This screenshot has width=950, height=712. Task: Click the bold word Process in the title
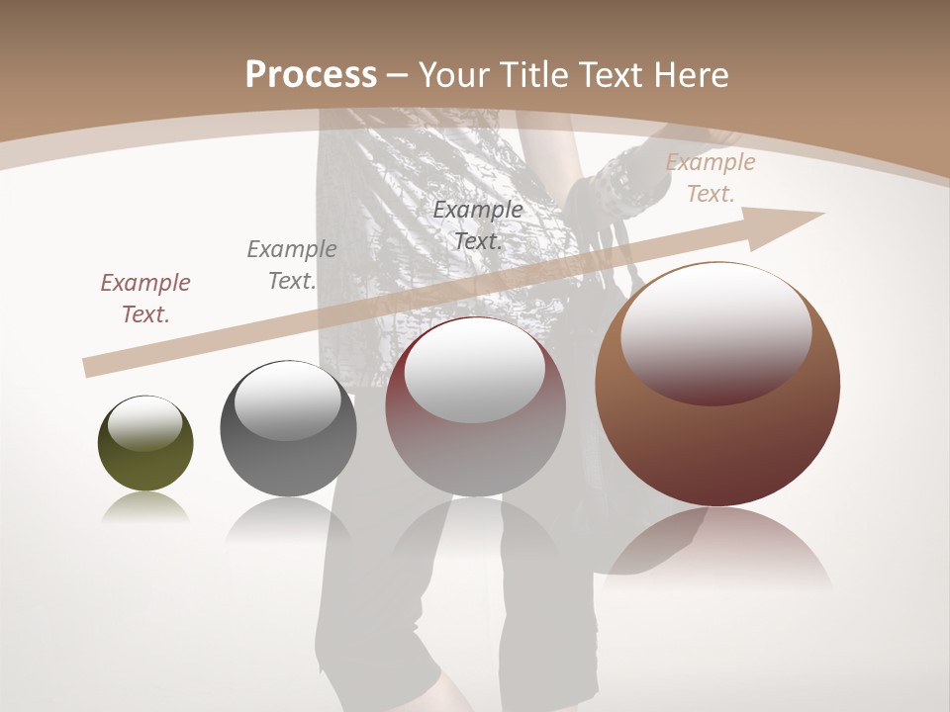coord(311,75)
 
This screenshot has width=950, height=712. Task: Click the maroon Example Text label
coord(145,299)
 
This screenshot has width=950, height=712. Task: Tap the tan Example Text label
coord(710,178)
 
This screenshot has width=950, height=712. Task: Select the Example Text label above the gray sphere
coord(291,265)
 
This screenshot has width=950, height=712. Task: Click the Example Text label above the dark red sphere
coord(478,225)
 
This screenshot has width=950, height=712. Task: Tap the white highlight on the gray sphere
coord(287,400)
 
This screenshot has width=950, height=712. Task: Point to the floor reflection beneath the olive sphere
coord(145,507)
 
